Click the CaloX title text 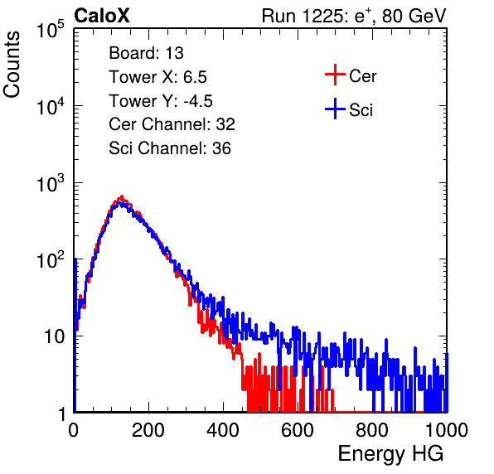pyautogui.click(x=101, y=16)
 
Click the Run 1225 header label pyautogui.click(x=354, y=16)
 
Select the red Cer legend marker pyautogui.click(x=335, y=75)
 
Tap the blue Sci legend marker pyautogui.click(x=335, y=109)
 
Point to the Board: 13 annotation pyautogui.click(x=146, y=53)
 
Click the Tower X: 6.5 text pyautogui.click(x=157, y=77)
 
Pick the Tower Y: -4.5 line pyautogui.click(x=161, y=101)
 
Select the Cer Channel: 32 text pyautogui.click(x=172, y=124)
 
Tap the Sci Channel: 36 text pyautogui.click(x=170, y=148)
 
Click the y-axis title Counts pyautogui.click(x=12, y=65)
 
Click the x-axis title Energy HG pyautogui.click(x=390, y=454)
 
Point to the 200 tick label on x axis pyautogui.click(x=148, y=430)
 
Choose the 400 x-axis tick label pyautogui.click(x=223, y=430)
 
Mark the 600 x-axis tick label pyautogui.click(x=298, y=430)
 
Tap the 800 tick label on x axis pyautogui.click(x=372, y=430)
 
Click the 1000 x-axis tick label pyautogui.click(x=447, y=430)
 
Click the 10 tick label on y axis pyautogui.click(x=55, y=336)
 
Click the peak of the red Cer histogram pyautogui.click(x=122, y=197)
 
